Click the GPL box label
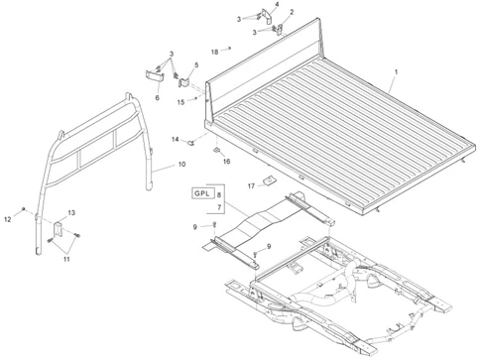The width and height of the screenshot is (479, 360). click(202, 193)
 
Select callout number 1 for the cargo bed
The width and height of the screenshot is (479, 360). click(396, 71)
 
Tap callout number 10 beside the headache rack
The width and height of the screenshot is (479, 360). click(181, 165)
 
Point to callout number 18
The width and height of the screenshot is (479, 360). click(215, 52)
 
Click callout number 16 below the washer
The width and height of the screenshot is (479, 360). click(226, 162)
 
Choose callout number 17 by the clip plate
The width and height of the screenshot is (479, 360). click(251, 186)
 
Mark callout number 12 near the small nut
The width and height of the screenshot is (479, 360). click(8, 219)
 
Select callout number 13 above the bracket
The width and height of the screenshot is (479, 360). click(71, 212)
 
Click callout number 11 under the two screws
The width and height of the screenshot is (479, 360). click(66, 259)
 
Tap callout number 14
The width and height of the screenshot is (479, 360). click(176, 140)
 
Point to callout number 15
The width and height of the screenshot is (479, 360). click(180, 102)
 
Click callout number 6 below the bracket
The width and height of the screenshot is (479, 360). click(158, 98)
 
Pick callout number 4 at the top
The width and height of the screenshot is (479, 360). click(277, 4)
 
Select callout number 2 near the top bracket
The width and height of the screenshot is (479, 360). click(292, 12)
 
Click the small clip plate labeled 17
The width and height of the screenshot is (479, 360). click(270, 181)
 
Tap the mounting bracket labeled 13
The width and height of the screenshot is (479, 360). click(59, 229)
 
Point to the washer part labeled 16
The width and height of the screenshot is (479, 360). click(216, 150)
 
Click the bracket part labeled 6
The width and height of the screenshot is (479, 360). click(155, 76)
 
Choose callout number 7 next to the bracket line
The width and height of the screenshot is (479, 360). click(219, 207)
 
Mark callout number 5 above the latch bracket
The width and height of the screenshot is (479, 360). click(196, 65)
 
